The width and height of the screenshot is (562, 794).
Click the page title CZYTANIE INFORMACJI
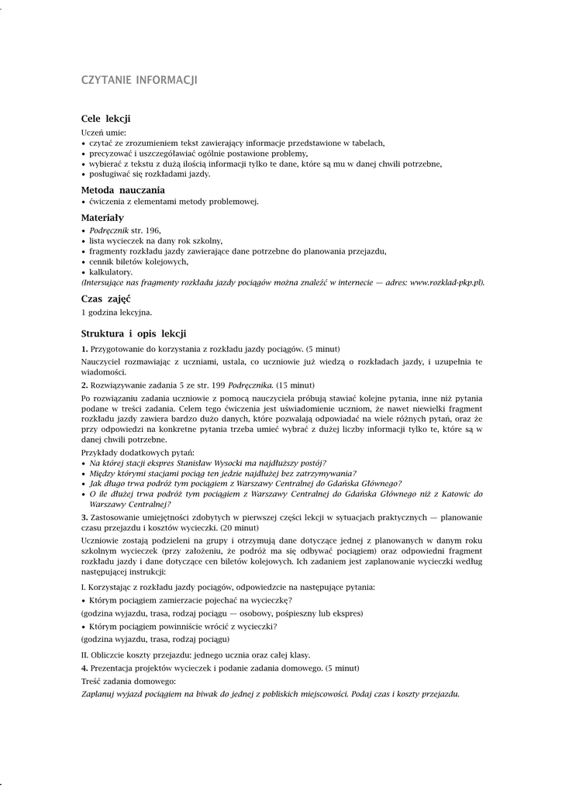point(140,81)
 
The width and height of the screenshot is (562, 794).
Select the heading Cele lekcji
point(105,119)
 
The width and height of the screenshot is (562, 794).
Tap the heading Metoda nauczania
point(122,190)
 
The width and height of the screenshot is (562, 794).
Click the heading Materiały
point(102,218)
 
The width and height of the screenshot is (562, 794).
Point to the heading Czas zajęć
point(105,299)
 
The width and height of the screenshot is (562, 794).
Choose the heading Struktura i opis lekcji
point(133,333)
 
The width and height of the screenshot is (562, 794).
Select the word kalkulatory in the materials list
point(111,272)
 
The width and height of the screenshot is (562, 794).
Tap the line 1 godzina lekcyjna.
point(117,312)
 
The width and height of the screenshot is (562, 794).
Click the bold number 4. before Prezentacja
point(84,667)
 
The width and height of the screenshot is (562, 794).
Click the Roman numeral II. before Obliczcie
point(85,654)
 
